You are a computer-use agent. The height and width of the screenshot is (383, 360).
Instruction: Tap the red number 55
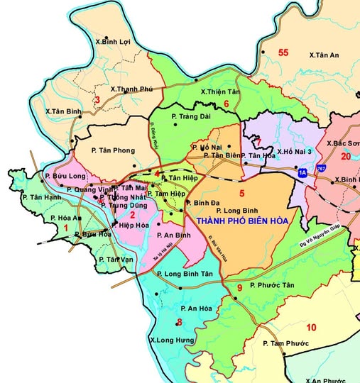tap(283, 52)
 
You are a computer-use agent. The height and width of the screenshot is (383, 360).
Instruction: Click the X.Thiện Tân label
tap(221, 91)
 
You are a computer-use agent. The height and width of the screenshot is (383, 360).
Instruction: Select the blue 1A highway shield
tap(303, 172)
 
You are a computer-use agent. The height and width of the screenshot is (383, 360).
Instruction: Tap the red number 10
tap(310, 327)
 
